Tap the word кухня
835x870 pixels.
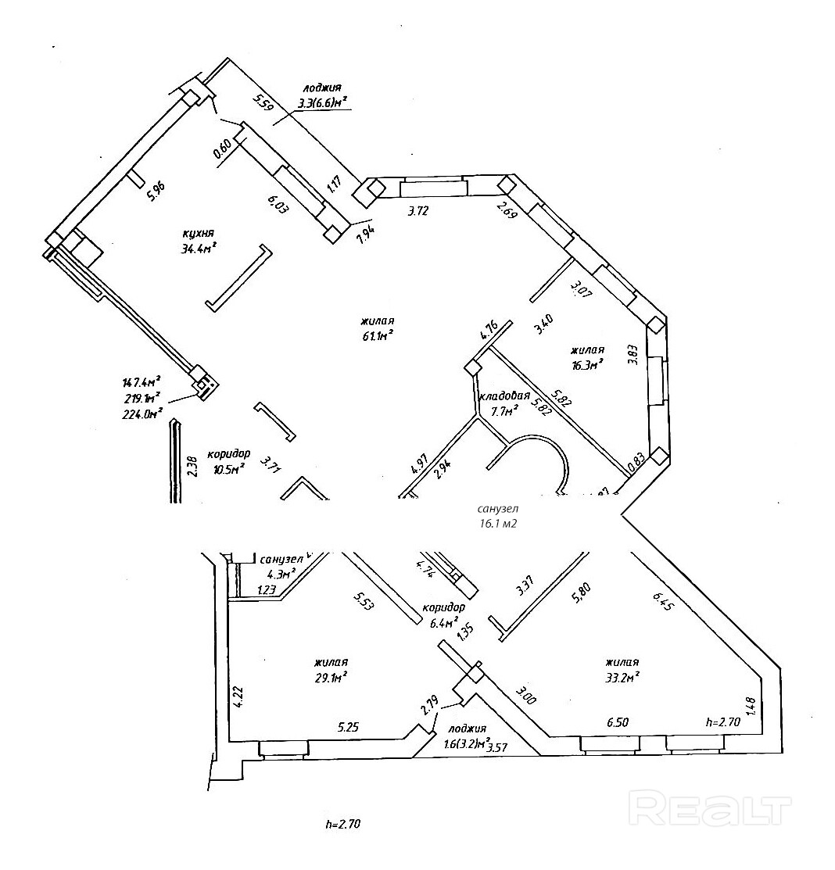[x=195, y=234]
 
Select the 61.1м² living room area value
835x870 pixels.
[x=376, y=335]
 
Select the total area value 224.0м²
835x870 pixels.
[x=142, y=414]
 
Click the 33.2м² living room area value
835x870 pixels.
[x=622, y=676]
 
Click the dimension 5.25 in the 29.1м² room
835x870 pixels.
[x=349, y=726]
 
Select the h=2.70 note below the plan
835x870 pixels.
[x=343, y=824]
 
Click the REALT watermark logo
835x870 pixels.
[x=711, y=807]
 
